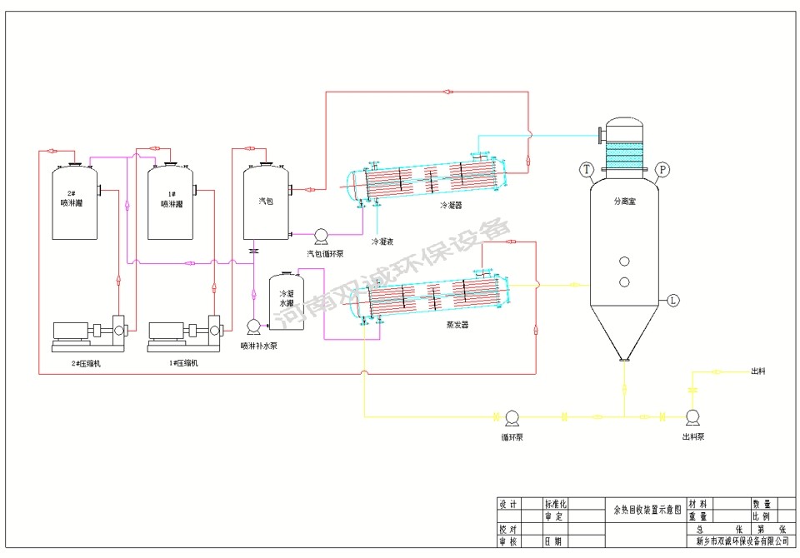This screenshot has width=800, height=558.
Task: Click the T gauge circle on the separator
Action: pyautogui.click(x=587, y=170)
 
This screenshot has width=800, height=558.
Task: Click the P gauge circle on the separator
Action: pyautogui.click(x=662, y=170)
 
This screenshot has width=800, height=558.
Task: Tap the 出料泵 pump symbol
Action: pyautogui.click(x=691, y=416)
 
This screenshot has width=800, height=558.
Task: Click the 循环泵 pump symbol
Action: pyautogui.click(x=512, y=416)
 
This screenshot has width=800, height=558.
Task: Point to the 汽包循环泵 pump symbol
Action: pyautogui.click(x=320, y=236)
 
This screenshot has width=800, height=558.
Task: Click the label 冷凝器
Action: pyautogui.click(x=451, y=204)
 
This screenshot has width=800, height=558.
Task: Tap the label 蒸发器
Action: pyautogui.click(x=457, y=325)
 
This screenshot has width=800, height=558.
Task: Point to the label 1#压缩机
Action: pyautogui.click(x=183, y=363)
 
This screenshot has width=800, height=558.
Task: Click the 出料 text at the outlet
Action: pyautogui.click(x=758, y=371)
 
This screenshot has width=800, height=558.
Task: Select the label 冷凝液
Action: pyautogui.click(x=382, y=242)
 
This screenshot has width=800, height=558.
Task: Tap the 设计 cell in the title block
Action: pyautogui.click(x=507, y=504)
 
